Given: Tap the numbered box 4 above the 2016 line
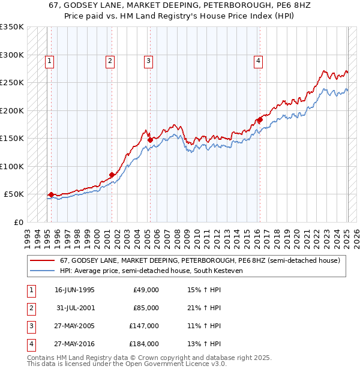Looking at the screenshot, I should pyautogui.click(x=257, y=60).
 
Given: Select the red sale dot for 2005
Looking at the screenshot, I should pyautogui.click(x=149, y=140).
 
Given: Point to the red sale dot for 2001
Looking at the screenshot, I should pyautogui.click(x=112, y=175).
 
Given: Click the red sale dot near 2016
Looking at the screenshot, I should pyautogui.click(x=260, y=120).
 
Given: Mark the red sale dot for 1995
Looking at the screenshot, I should pyautogui.click(x=51, y=194).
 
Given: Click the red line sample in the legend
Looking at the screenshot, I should pyautogui.click(x=41, y=260).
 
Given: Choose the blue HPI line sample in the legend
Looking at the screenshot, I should pyautogui.click(x=41, y=271).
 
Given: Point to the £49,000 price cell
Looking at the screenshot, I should pyautogui.click(x=146, y=290).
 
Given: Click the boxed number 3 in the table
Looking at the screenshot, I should pyautogui.click(x=30, y=326).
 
